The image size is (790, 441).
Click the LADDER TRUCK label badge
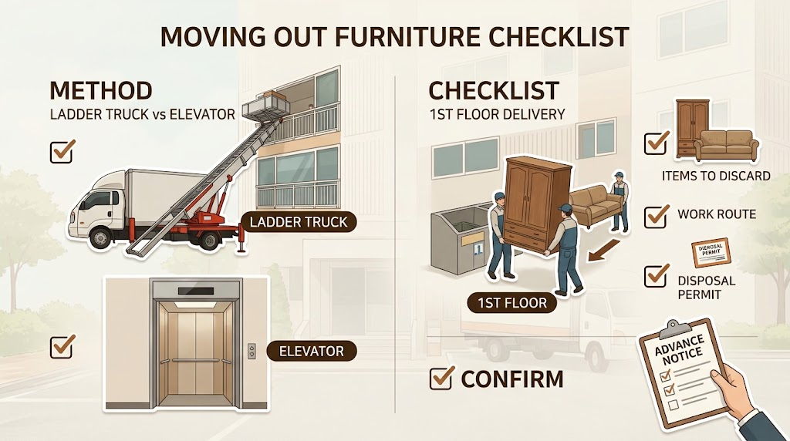(299, 222)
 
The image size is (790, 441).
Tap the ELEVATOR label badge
(312, 351)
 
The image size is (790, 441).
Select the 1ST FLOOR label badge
(512, 302)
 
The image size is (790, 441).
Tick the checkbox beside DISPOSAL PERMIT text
(657, 275)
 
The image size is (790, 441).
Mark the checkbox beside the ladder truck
(62, 150)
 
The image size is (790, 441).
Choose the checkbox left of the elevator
(62, 346)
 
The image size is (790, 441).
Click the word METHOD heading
(101, 91)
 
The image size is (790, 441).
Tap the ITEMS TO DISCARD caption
(716, 176)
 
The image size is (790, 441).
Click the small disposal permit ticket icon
(711, 252)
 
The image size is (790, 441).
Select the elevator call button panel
(252, 351)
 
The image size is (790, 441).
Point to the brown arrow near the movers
(603, 251)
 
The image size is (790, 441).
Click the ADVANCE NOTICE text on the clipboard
(678, 350)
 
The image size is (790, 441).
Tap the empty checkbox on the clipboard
(673, 404)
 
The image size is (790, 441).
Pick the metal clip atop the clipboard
(672, 328)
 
